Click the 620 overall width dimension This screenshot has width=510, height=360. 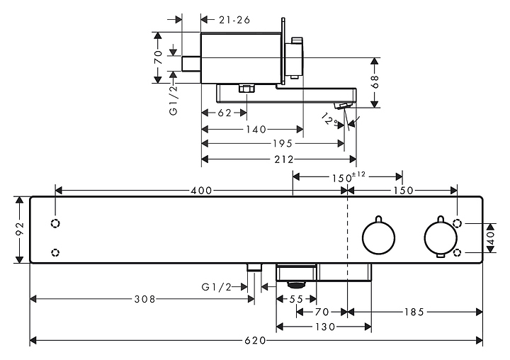pos(256,341)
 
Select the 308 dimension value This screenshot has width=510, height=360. pos(144,299)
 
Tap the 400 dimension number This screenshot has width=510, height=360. pos(201,191)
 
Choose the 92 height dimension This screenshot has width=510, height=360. pos(21,230)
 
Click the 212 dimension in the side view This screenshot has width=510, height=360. pos(284,159)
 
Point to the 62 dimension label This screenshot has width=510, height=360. pos(225,113)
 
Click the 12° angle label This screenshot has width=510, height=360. pos(328,120)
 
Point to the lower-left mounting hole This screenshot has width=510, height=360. pos(56,252)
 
